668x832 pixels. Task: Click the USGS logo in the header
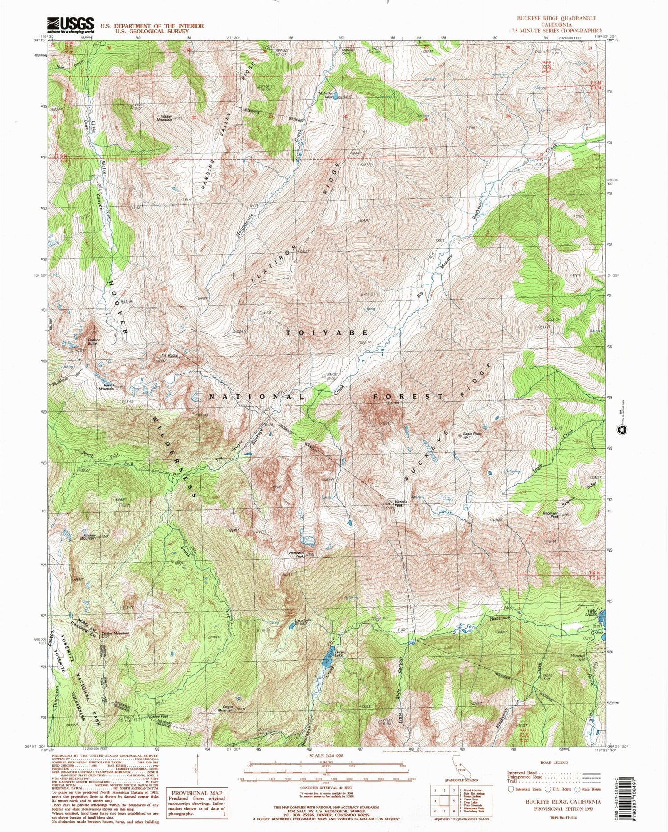coord(70,25)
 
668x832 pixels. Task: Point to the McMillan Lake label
coord(326,94)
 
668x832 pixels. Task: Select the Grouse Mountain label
coord(88,536)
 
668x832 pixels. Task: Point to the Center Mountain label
coord(115,633)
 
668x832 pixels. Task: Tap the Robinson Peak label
coord(550,515)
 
